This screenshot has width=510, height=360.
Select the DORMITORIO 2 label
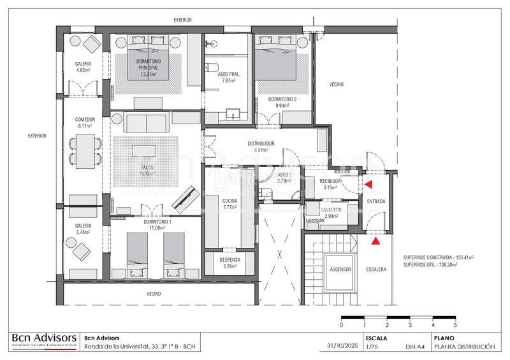282,99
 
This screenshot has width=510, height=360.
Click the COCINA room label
229,201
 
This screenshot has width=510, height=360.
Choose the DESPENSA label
229,260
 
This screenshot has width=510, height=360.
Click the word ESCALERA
376,270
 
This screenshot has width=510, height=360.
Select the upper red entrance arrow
368,185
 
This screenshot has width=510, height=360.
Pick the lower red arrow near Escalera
376,241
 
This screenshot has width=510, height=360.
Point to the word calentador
316,220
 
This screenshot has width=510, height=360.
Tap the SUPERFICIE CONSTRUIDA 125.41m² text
441,258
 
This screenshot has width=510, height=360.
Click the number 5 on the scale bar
455,325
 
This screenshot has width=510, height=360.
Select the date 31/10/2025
338,347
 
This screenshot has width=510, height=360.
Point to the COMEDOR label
85,119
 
